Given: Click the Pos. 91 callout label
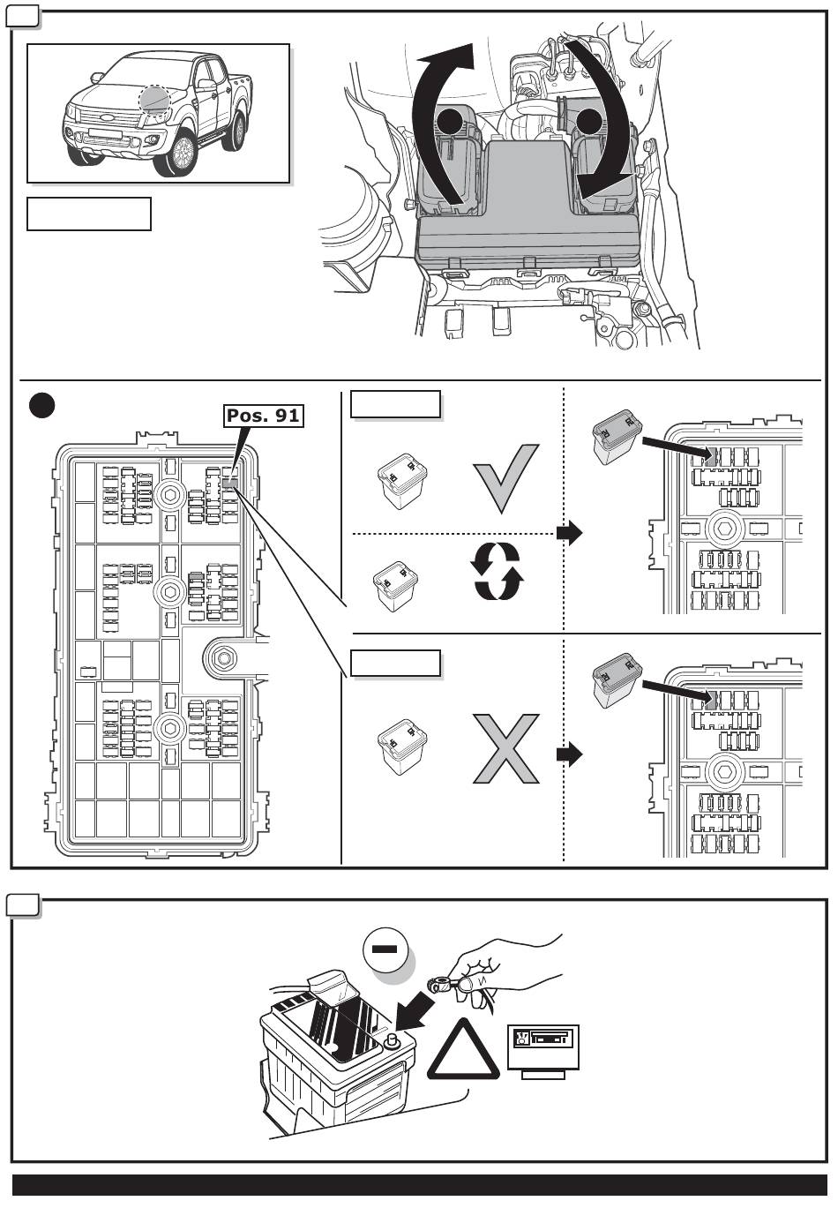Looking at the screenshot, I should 263,415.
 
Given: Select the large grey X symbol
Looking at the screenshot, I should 505,748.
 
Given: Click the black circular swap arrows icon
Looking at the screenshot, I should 497,571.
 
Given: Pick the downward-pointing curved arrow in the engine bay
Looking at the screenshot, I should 604,124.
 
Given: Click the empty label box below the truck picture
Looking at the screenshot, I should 89,214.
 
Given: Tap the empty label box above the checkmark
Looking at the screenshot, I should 396,403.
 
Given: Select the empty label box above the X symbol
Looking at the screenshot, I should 396,663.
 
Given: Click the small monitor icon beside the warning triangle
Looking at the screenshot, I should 542,1050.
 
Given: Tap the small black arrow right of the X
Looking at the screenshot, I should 570,754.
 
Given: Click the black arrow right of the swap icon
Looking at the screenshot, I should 570,533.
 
